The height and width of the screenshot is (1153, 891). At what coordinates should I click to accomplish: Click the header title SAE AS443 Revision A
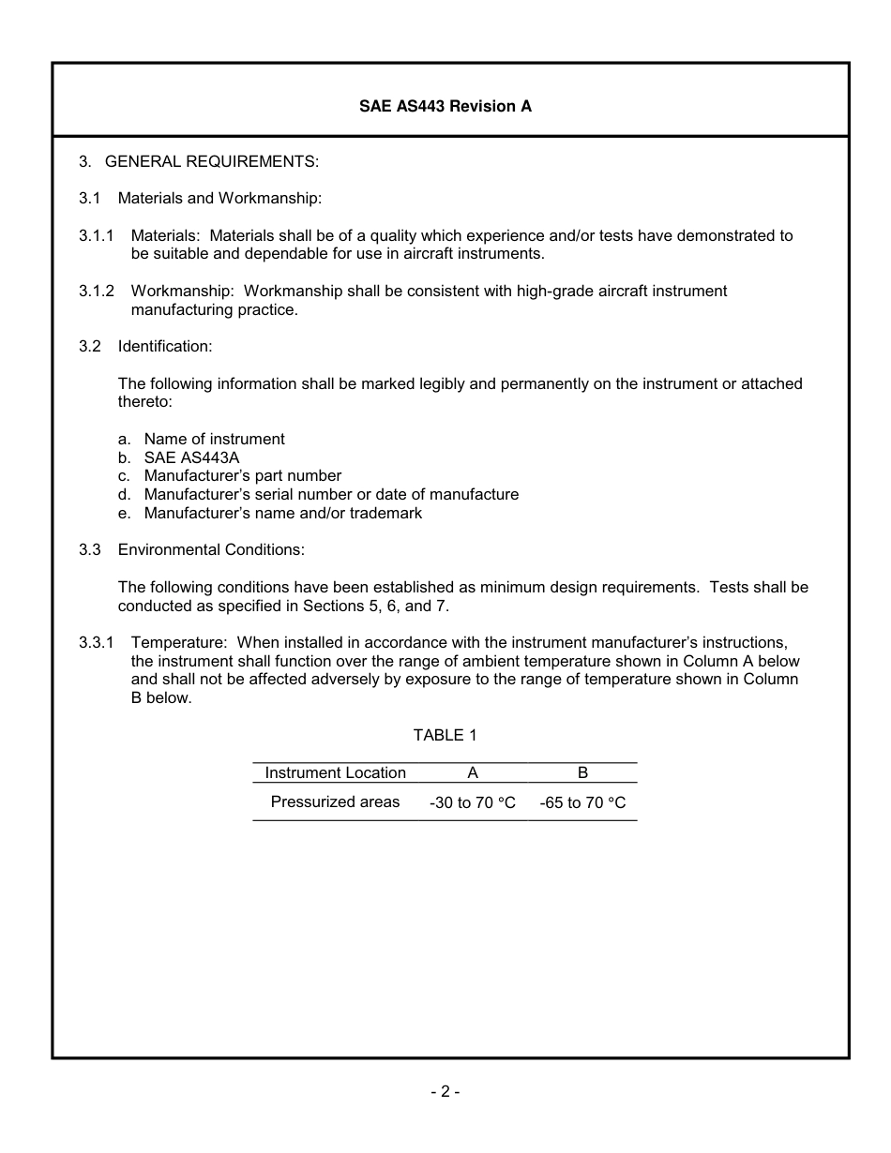click(x=445, y=106)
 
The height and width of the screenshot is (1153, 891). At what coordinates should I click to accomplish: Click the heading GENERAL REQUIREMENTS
click(x=212, y=161)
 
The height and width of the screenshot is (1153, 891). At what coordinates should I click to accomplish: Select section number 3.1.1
click(x=96, y=235)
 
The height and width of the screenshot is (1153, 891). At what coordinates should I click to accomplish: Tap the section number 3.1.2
click(x=96, y=291)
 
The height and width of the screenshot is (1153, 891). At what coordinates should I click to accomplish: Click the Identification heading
click(x=165, y=346)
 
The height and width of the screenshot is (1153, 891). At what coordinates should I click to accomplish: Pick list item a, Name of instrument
click(x=214, y=439)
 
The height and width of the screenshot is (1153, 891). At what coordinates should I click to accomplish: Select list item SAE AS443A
click(x=192, y=457)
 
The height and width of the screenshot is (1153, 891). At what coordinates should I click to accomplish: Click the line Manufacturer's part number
click(x=242, y=475)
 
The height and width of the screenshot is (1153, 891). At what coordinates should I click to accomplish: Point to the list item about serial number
click(x=330, y=494)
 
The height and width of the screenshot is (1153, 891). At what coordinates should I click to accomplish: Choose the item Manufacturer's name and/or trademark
click(x=282, y=513)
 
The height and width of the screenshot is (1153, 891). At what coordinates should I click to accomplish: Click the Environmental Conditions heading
click(x=211, y=549)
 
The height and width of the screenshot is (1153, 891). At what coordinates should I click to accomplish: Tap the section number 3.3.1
click(x=96, y=642)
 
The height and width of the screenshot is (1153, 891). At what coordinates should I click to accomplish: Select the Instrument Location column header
click(x=335, y=772)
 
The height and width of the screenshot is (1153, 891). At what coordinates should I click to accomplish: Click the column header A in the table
click(x=473, y=772)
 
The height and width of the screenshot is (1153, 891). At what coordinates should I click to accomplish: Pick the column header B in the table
click(x=582, y=772)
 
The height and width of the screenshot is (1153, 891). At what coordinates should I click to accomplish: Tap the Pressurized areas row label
click(x=335, y=801)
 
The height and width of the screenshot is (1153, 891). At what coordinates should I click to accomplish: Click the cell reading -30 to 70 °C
click(x=473, y=803)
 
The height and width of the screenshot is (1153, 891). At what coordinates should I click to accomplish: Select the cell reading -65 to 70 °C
click(x=582, y=803)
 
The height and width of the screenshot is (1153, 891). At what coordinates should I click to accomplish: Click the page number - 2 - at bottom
click(x=445, y=1091)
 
